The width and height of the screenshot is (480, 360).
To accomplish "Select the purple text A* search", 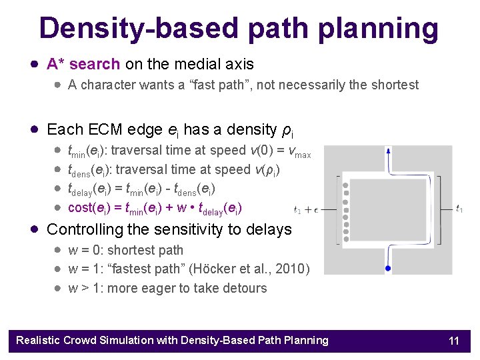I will pyautogui.click(x=83, y=64).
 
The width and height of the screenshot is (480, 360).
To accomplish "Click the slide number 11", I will pyautogui.click(x=454, y=341).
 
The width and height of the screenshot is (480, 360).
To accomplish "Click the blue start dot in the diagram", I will pyautogui.click(x=388, y=268).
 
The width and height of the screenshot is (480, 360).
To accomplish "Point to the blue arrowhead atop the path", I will pyautogui.click(x=388, y=152).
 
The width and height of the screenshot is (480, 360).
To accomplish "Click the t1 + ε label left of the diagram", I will pyautogui.click(x=306, y=209).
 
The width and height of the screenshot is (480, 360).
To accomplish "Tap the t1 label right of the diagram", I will pyautogui.click(x=459, y=209).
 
